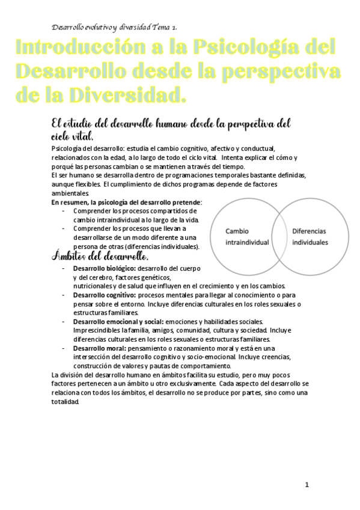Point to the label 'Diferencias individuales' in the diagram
pyautogui.click(x=310, y=237)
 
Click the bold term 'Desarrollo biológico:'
pyautogui.click(x=105, y=268)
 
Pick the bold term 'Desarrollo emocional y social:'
pyautogui.click(x=118, y=322)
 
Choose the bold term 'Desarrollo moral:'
pyautogui.click(x=99, y=349)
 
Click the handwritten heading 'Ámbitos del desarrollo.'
pyautogui.click(x=96, y=257)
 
